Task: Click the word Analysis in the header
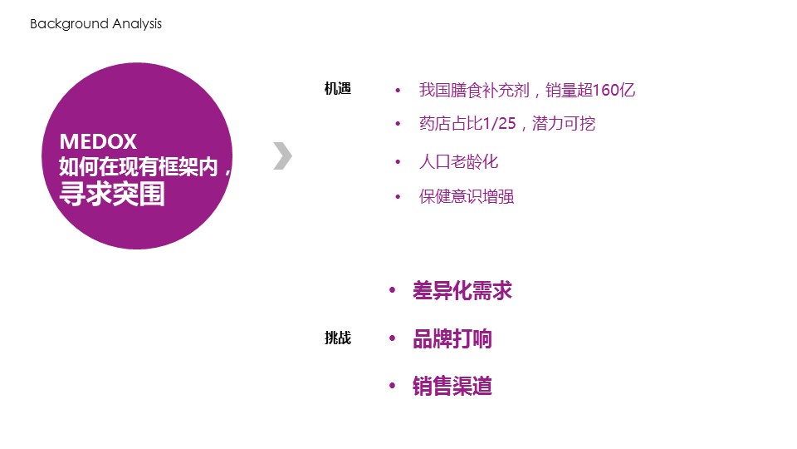point(137,24)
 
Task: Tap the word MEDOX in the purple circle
point(98,141)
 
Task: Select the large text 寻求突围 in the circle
point(112,194)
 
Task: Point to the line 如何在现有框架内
point(139,167)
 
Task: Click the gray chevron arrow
point(282,155)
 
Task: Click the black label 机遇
point(338,89)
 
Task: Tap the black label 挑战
point(338,338)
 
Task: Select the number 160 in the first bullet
point(605,90)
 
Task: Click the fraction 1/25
point(499,123)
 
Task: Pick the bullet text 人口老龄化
point(458,162)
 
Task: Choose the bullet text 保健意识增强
point(467,196)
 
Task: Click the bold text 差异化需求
point(462,291)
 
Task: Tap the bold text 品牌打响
point(452,338)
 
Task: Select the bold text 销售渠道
point(452,386)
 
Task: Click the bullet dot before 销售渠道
point(392,386)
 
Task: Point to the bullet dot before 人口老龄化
point(398,162)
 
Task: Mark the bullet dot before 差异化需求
point(392,290)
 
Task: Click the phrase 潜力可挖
point(564,123)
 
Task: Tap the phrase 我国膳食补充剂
point(474,90)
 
